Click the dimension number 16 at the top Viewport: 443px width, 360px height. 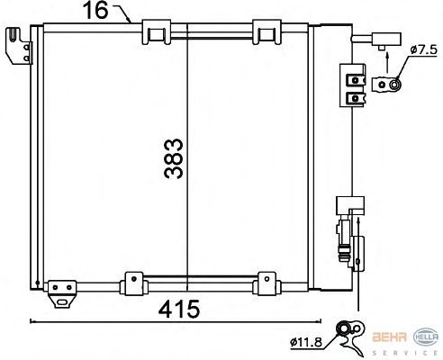click(x=95, y=10)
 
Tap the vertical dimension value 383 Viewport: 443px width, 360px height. click(x=174, y=158)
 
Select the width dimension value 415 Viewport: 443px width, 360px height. click(x=179, y=309)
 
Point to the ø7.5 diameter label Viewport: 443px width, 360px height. click(x=423, y=49)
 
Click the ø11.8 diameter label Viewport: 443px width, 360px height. click(x=306, y=342)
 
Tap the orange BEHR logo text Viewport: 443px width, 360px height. click(x=390, y=337)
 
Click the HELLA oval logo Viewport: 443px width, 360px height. click(x=426, y=337)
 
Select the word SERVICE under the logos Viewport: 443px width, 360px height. click(x=405, y=353)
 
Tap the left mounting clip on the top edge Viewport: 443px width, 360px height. click(x=157, y=32)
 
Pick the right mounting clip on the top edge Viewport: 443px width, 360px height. click(x=267, y=32)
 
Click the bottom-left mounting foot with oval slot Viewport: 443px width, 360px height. click(x=62, y=294)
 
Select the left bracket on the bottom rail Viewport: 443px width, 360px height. click(x=133, y=283)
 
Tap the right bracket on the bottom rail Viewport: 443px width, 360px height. click(x=267, y=283)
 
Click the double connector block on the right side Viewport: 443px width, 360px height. click(x=353, y=85)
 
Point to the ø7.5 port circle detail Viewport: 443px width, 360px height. click(x=395, y=85)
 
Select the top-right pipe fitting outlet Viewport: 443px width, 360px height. click(x=376, y=40)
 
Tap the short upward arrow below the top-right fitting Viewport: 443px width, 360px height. click(x=387, y=62)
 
